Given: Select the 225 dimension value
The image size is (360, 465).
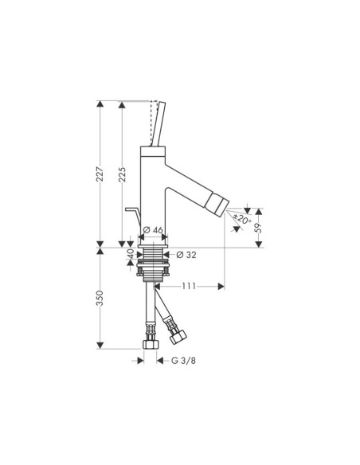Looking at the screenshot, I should click(122, 176).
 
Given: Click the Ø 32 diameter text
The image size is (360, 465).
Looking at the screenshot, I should click(185, 255).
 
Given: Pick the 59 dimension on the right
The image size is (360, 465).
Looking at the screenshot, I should click(259, 227).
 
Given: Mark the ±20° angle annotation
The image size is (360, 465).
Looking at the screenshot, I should click(243, 219).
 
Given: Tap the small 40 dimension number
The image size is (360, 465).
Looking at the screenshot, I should click(130, 256).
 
